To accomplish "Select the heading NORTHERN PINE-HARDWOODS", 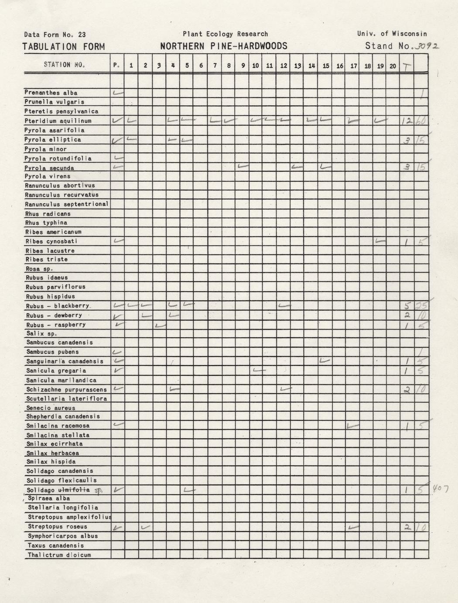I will click(224, 46).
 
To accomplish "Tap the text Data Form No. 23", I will click(55, 35).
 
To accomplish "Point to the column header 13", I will click(297, 66).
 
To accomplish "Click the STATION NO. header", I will click(64, 65).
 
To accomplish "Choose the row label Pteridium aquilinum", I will click(58, 121).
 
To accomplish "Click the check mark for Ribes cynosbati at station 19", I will click(380, 241).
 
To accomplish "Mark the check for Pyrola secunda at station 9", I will click(243, 166).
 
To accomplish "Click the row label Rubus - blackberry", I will click(58, 306).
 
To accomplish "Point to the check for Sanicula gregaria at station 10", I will click(259, 371).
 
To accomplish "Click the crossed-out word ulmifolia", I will click(77, 490).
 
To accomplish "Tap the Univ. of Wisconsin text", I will click(392, 34).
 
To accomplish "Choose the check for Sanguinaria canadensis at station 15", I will click(324, 360).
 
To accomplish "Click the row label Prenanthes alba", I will click(51, 93).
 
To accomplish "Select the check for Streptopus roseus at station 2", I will click(146, 527).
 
